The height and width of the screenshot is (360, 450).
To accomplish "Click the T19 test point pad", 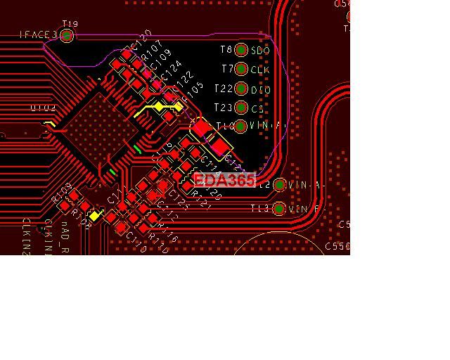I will pos(67,35).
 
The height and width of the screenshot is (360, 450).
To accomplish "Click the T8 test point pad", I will pos(241,50).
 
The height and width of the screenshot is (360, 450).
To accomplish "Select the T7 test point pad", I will pos(241,69).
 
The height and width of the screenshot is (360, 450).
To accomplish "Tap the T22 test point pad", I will pos(241,89).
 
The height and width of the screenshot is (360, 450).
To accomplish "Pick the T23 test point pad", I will pos(241,108).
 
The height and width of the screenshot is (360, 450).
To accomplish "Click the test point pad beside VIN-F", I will pos(279,209).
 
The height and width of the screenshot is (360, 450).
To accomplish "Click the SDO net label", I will pos(260,51).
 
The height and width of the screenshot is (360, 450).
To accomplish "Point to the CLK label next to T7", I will pos(260,70).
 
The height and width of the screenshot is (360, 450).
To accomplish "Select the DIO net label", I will pos(260,89).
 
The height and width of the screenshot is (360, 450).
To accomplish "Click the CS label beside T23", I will pos(258,108).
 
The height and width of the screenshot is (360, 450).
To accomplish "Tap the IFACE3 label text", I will pos(39,34).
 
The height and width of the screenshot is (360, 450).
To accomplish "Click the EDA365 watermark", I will pos(224,180).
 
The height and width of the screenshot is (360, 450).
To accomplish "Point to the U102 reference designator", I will pos(43,108).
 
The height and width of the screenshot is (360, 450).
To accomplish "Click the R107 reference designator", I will pos(152,51).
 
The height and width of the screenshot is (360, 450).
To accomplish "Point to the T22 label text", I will pos(223,89).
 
